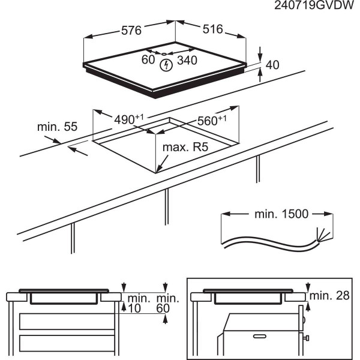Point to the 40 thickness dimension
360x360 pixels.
(273, 64)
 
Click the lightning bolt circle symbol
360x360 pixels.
(164, 61)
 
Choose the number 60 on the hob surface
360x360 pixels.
(148, 59)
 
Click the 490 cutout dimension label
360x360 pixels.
(128, 119)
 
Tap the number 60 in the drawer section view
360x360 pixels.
(163, 308)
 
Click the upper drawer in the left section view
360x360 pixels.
(66, 321)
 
